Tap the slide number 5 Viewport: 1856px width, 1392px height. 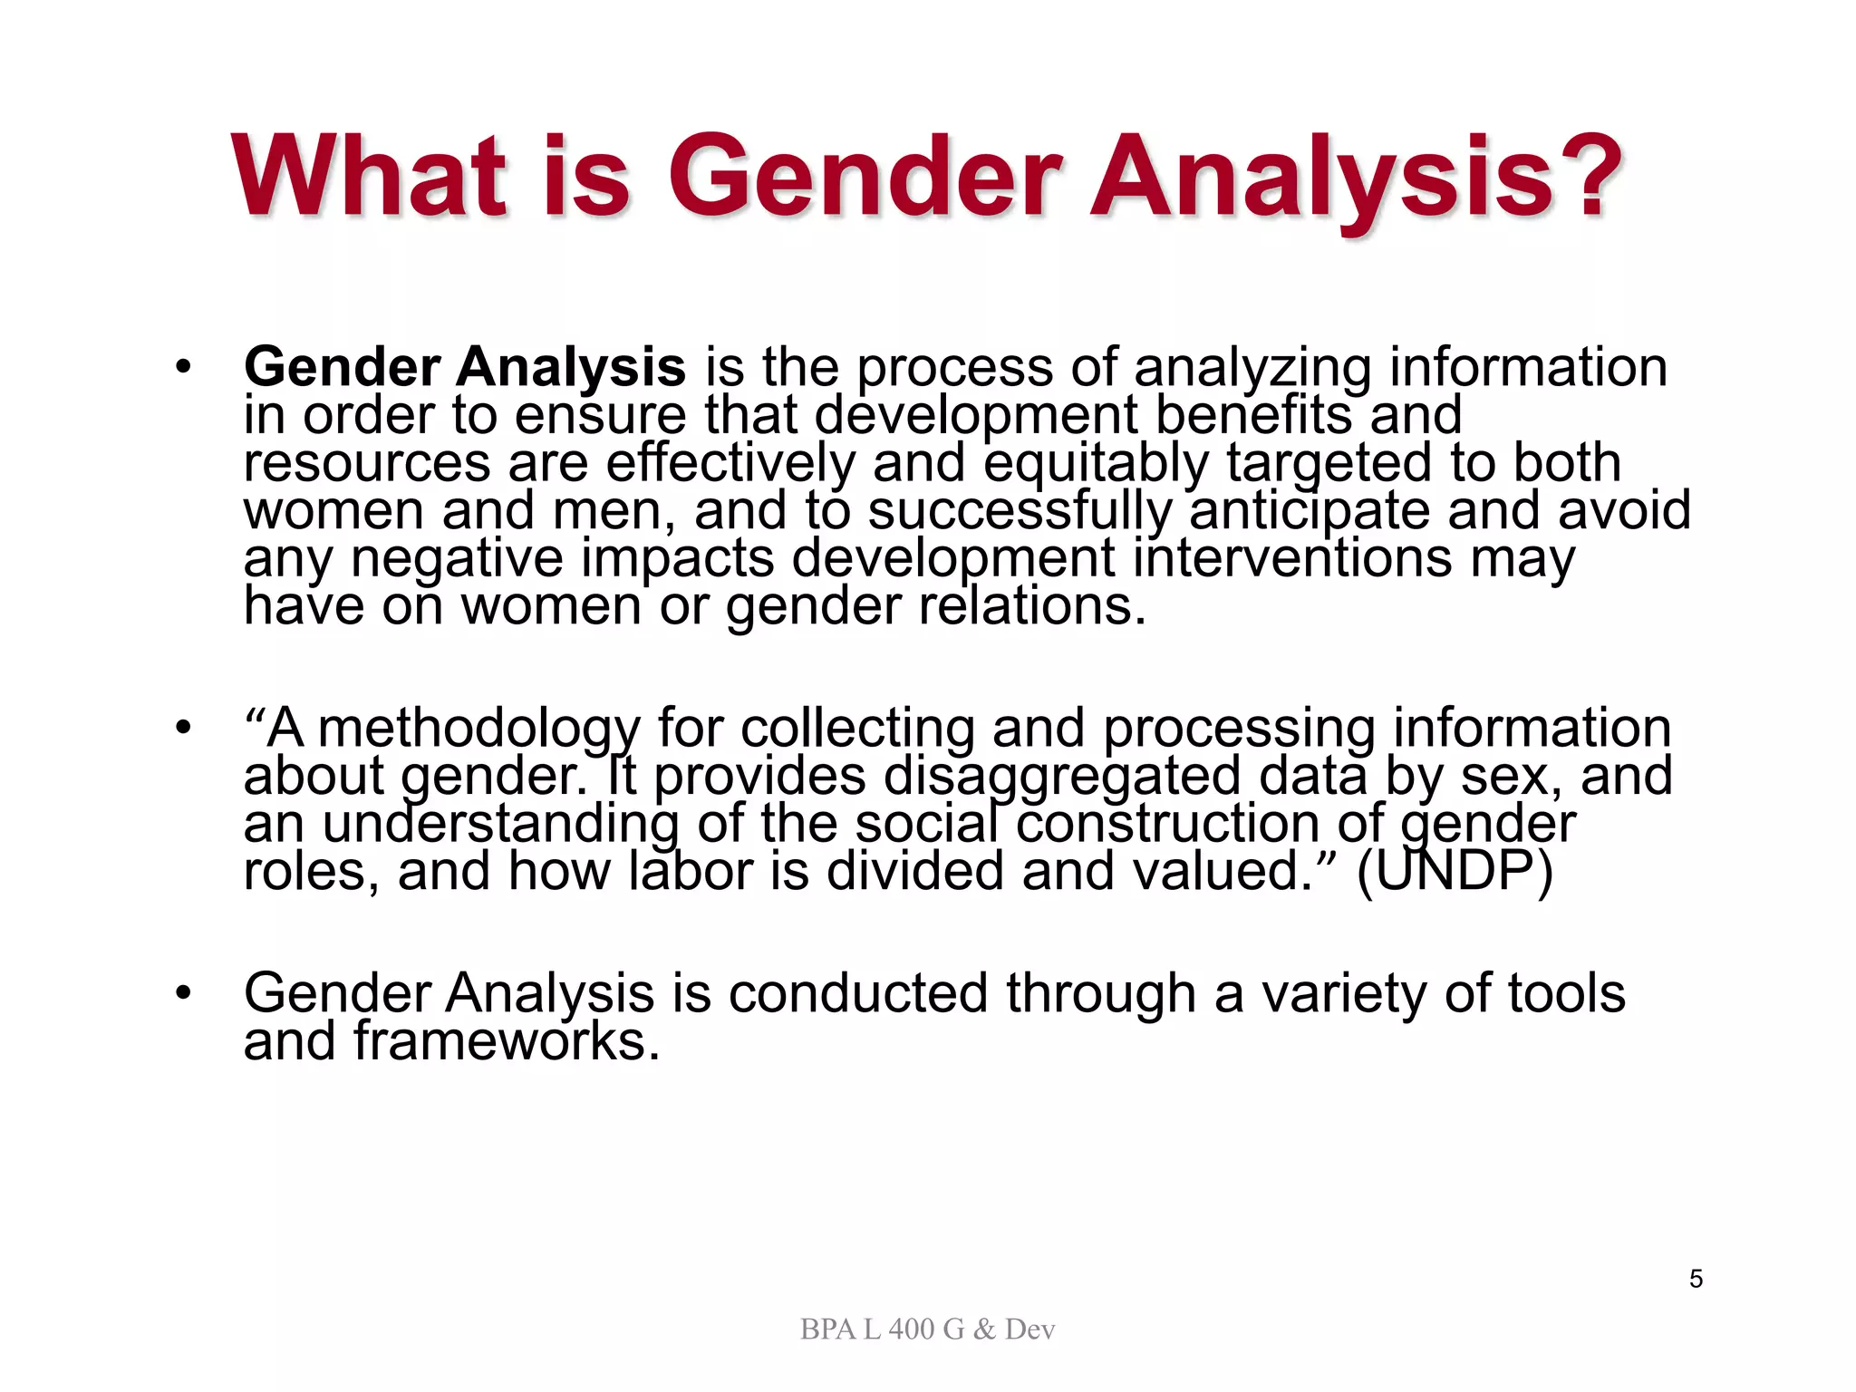pyautogui.click(x=1696, y=1279)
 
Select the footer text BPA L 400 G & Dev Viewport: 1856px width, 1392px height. pyautogui.click(x=927, y=1329)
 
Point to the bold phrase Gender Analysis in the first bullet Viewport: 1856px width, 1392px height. pyautogui.click(x=465, y=367)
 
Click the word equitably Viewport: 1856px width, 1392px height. pyautogui.click(x=1096, y=463)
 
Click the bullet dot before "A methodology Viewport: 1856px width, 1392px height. pyautogui.click(x=184, y=728)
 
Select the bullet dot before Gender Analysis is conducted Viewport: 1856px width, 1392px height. pyautogui.click(x=184, y=993)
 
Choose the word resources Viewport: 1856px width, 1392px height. pyautogui.click(x=367, y=463)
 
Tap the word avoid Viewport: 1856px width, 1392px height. pyautogui.click(x=1624, y=510)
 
